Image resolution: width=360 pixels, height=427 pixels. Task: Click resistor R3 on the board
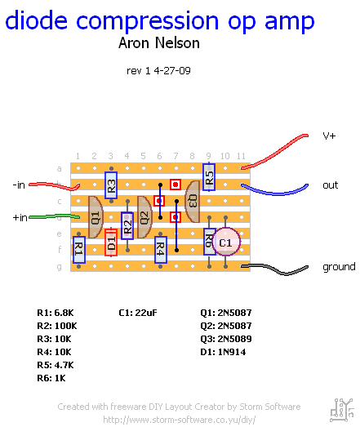(111, 185)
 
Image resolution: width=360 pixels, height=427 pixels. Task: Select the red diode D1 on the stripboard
(111, 242)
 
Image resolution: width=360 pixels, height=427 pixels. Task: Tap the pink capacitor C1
(226, 242)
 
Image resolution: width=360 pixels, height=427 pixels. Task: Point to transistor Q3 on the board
(193, 202)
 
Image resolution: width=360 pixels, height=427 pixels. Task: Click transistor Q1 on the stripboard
(96, 217)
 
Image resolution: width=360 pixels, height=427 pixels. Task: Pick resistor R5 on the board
(209, 177)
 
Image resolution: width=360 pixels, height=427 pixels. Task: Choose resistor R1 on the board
(79, 250)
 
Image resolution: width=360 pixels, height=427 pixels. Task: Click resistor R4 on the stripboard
(160, 250)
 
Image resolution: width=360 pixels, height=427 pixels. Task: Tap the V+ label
(329, 136)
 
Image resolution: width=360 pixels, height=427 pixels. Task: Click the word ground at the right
(339, 267)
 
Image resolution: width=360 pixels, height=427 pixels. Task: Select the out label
(331, 185)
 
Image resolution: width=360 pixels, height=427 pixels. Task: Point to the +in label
(20, 218)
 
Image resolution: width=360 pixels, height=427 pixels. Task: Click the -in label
(19, 185)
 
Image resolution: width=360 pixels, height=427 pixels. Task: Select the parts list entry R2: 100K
(57, 326)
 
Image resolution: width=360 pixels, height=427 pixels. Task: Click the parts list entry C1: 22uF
(138, 313)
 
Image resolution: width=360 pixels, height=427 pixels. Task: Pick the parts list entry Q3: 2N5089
(226, 339)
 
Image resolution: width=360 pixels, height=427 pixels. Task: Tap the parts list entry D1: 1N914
(223, 352)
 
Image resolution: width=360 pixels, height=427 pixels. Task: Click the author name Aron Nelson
(159, 43)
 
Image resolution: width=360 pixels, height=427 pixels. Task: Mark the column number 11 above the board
(241, 156)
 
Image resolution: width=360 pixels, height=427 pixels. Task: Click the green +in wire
(54, 217)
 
